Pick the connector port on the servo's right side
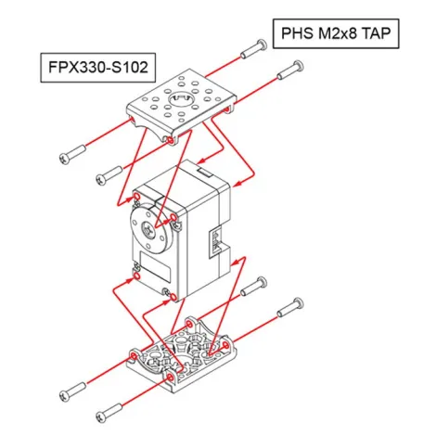click(218, 244)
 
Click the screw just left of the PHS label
click(251, 48)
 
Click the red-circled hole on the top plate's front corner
click(170, 140)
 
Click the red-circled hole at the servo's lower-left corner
click(136, 276)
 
